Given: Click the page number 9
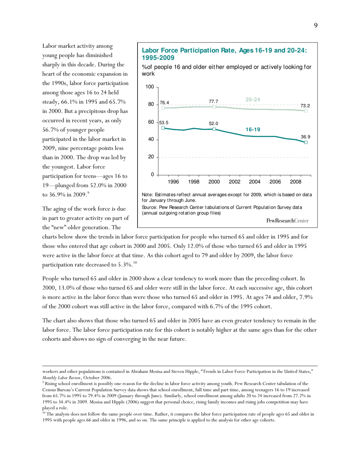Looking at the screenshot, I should (316, 25).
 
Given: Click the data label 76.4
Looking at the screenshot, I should (164, 103).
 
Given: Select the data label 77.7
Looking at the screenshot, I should (214, 102).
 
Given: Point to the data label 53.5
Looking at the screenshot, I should (164, 123).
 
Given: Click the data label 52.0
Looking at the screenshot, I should (214, 123).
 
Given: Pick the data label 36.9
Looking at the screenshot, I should (305, 136).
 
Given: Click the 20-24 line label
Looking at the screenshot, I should (253, 100).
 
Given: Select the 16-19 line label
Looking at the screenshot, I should (253, 130).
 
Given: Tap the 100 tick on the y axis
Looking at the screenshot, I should (150, 87).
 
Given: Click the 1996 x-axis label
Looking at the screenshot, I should (173, 182).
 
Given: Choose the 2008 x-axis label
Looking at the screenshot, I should (296, 182).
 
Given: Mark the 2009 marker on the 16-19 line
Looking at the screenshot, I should (306, 142).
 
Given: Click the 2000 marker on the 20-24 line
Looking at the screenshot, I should (214, 107).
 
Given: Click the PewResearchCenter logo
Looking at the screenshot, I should (287, 220).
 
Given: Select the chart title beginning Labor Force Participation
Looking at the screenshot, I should (224, 54).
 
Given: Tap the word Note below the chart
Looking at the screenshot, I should (148, 195).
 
